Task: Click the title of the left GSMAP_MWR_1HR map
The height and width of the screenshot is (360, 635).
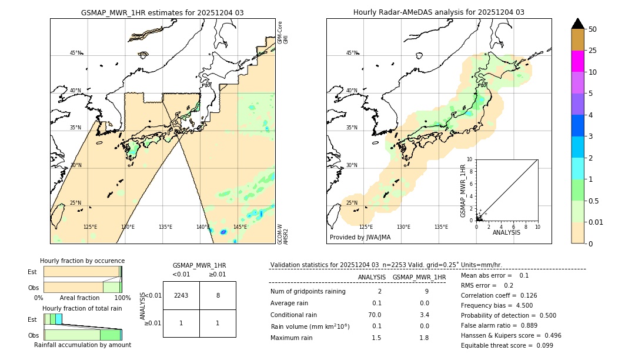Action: (x=162, y=12)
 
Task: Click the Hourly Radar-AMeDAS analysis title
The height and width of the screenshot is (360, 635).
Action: (x=439, y=12)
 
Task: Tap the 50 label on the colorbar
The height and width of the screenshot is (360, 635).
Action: (x=593, y=29)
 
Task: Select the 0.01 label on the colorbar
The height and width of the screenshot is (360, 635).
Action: (x=596, y=222)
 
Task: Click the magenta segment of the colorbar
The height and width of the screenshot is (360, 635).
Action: (x=577, y=61)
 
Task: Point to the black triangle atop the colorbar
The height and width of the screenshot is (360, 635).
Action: (x=577, y=24)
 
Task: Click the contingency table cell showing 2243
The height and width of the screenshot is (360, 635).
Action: (x=181, y=295)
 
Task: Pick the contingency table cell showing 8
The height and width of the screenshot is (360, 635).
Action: (x=218, y=295)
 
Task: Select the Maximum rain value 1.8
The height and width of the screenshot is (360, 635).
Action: (x=424, y=338)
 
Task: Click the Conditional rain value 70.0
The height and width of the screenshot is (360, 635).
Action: (x=375, y=315)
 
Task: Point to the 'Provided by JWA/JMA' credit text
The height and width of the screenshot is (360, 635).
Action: (x=360, y=237)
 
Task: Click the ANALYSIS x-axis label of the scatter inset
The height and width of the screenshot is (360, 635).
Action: (x=506, y=233)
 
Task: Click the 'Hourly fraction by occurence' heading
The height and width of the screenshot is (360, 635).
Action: (x=82, y=261)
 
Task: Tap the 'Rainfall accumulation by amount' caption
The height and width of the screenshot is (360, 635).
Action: (x=82, y=345)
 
